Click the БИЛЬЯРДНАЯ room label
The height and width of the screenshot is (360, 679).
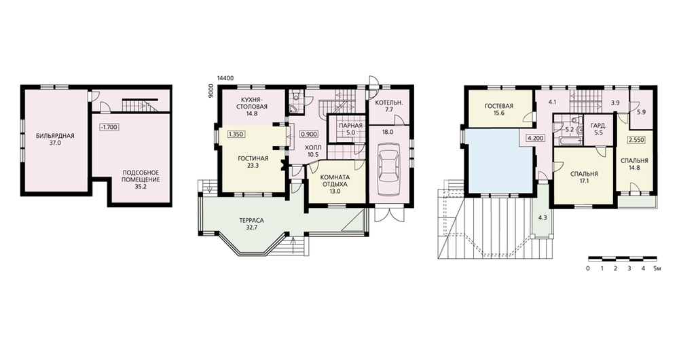pos(55,136)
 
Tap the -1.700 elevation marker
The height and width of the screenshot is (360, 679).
pos(109,127)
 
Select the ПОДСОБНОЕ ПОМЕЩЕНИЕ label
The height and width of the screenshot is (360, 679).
pos(141,176)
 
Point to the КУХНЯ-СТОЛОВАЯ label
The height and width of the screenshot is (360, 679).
pos(252,103)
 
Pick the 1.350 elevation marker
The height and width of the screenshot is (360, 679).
pos(236,134)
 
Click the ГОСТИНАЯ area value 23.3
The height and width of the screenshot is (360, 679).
pos(253,165)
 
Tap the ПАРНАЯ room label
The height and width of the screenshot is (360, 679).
pos(351,126)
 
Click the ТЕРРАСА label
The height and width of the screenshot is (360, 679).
pos(251,220)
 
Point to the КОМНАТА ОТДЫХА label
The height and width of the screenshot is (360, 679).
pos(335,180)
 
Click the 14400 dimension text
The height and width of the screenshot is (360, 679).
pos(226,78)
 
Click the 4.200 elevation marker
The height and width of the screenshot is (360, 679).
pos(535,138)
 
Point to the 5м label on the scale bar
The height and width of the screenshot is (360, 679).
pos(657,268)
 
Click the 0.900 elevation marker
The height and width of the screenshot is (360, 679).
pos(309,134)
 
